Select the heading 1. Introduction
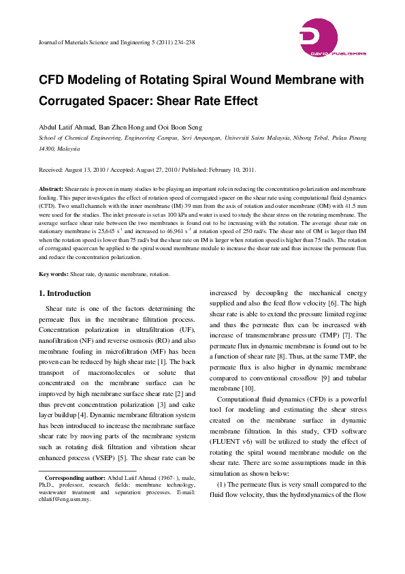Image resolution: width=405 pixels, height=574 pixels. coord(65,293)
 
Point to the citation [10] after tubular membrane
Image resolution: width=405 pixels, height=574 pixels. coord(246,388)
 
